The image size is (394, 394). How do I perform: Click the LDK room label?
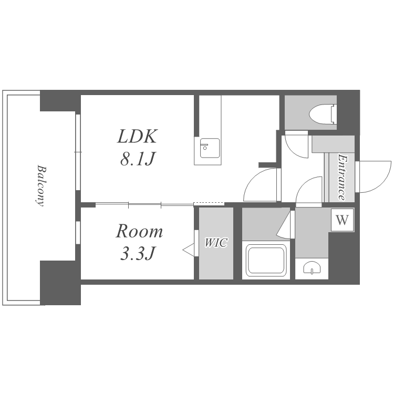137,137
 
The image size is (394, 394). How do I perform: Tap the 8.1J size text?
137,159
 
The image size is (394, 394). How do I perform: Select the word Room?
139,232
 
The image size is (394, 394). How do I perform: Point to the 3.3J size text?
137,254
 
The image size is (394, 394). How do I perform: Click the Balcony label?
40,185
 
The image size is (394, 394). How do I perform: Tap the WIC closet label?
216,243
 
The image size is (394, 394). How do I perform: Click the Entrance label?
342,177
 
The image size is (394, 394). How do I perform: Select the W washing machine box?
342,220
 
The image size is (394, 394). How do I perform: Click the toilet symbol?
324,114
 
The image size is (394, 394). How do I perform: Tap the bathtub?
266,260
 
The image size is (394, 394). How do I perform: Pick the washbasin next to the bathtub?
312,268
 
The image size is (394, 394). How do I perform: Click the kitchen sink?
210,148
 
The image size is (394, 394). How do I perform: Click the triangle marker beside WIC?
189,250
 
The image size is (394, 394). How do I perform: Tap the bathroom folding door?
285,224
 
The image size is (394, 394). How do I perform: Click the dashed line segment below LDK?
209,203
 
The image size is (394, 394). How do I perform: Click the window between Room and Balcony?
78,232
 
